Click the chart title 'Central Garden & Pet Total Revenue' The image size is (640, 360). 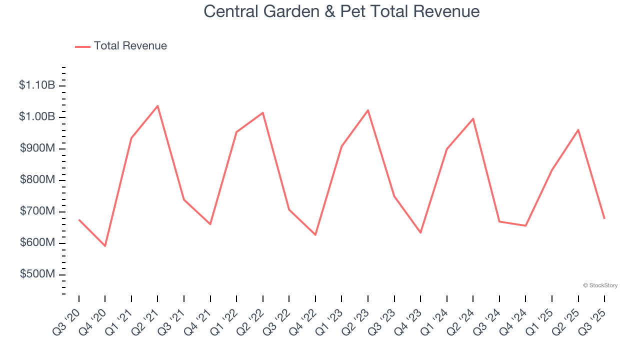[341, 11]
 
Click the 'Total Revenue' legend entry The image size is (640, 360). [130, 46]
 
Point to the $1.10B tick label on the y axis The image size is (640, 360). [37, 85]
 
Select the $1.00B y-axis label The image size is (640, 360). [37, 117]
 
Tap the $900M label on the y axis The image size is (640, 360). [37, 148]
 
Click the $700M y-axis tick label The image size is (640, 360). [37, 211]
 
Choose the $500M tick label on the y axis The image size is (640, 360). [37, 274]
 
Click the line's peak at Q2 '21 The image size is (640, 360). [157, 106]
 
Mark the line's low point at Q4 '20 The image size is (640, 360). [105, 246]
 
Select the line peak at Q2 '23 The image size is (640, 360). [368, 110]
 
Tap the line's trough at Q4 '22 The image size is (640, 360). [315, 234]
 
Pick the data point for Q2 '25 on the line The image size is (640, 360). [578, 130]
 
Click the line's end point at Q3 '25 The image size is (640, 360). [604, 218]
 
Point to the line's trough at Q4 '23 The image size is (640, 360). [420, 232]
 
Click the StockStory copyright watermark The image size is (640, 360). [600, 285]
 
